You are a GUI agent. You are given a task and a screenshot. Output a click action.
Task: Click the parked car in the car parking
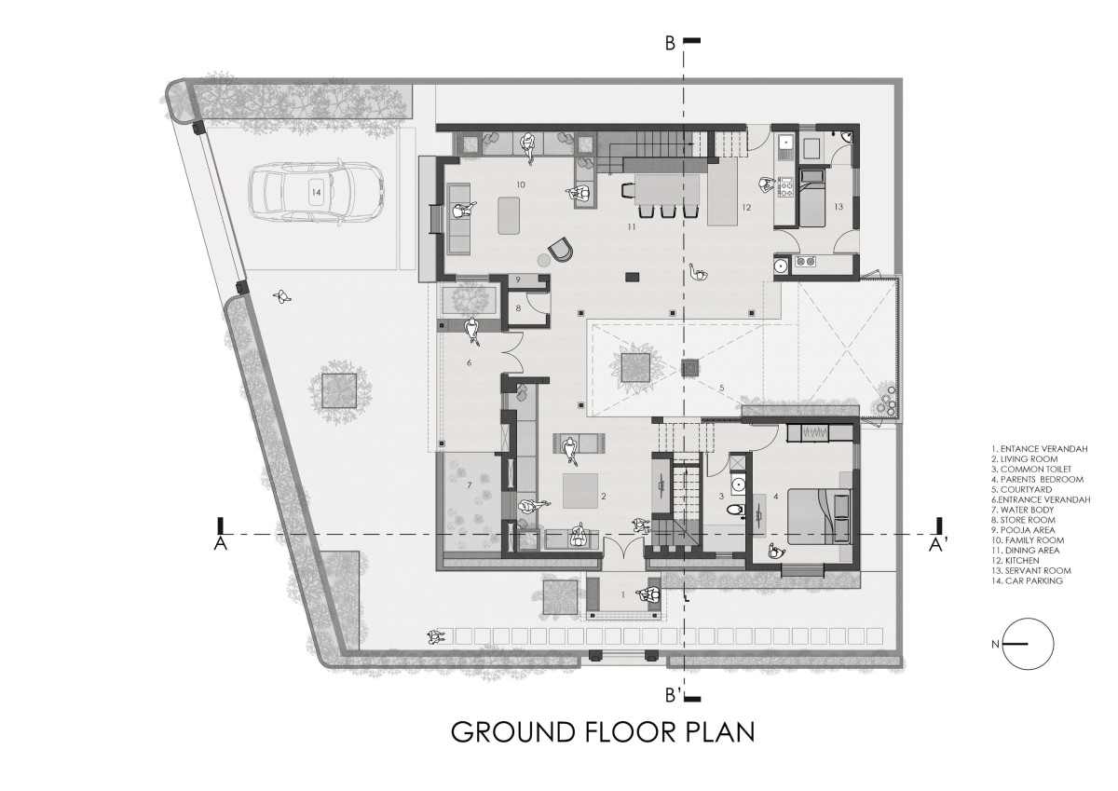click(x=317, y=192)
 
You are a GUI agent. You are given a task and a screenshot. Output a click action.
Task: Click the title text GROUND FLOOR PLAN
click(x=603, y=732)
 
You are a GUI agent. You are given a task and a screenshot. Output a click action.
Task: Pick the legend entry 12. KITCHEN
click(x=1016, y=561)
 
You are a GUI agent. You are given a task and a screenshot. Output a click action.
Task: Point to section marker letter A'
click(x=935, y=545)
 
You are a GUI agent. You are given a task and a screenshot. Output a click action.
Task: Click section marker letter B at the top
click(x=670, y=44)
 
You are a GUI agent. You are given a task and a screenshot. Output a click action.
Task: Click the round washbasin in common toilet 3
click(x=738, y=484)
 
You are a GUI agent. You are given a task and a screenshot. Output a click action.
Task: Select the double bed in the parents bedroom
click(x=819, y=516)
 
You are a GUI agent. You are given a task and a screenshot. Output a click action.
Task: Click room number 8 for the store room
click(x=518, y=308)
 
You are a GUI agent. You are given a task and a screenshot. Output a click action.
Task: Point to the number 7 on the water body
click(x=470, y=484)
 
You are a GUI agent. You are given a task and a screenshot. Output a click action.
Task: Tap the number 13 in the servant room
click(x=838, y=207)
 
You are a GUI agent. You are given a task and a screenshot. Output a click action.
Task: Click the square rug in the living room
click(x=580, y=491)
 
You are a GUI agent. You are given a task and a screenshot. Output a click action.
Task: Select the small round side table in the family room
click(x=543, y=260)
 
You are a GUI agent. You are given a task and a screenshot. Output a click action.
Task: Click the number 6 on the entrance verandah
click(x=469, y=362)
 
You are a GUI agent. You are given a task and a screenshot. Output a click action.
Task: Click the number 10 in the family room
click(x=521, y=184)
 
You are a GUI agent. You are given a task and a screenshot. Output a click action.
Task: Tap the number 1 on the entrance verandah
click(x=623, y=594)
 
